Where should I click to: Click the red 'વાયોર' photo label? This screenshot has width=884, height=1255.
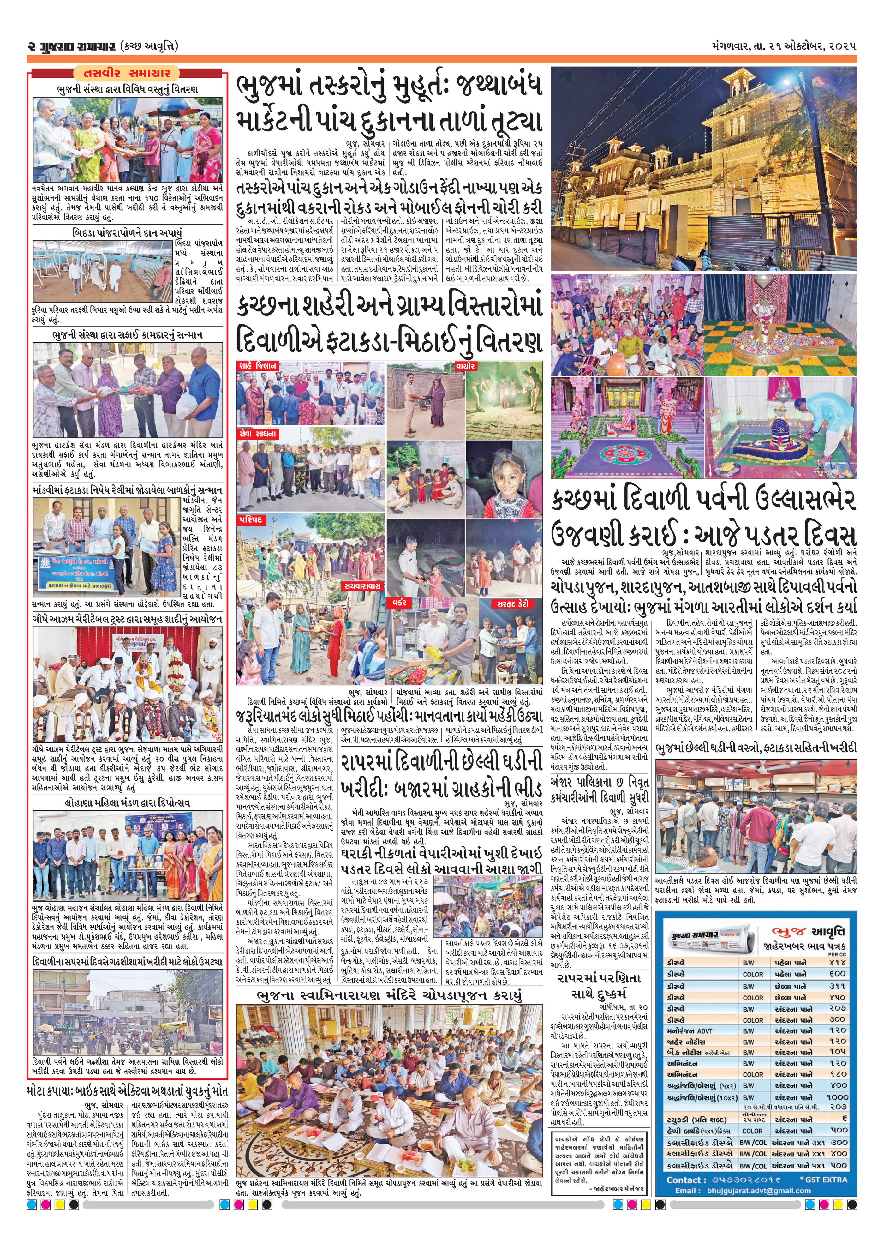[x=465, y=366]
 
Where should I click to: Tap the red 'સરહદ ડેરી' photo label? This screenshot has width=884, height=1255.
[x=512, y=604]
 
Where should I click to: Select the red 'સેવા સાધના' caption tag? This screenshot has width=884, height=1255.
[x=258, y=434]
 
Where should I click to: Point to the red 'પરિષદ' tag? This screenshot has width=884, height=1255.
[x=251, y=520]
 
